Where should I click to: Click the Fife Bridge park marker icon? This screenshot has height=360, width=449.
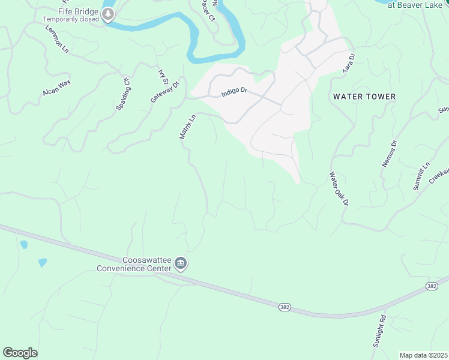tap(108, 15)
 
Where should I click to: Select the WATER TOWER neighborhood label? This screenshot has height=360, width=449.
tap(364, 97)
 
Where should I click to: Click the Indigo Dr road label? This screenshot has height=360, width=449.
tap(234, 93)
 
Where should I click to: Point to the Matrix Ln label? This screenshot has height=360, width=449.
tap(188, 127)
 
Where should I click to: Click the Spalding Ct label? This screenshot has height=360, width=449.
tap(122, 94)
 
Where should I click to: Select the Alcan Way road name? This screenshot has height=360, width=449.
tap(57, 88)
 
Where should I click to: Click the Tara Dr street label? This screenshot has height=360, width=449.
tap(349, 63)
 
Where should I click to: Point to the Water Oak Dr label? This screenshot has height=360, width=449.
tap(339, 190)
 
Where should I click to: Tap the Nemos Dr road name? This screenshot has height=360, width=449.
tap(389, 154)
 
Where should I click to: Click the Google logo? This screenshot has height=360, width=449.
tap(20, 353)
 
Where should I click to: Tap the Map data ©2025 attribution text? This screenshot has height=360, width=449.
tap(423, 355)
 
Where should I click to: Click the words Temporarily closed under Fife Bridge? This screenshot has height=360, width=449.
tap(71, 19)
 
